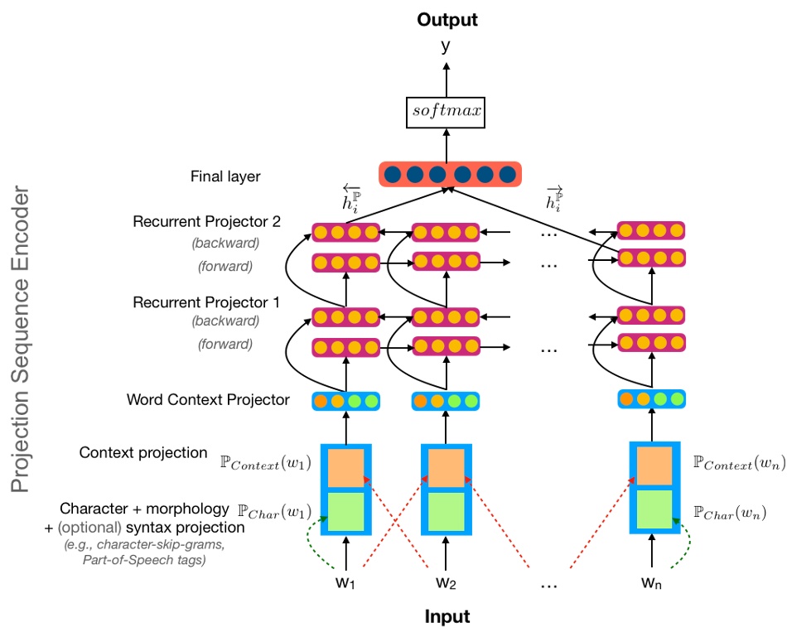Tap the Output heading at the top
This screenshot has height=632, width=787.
point(447,19)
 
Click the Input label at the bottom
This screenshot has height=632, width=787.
point(447,616)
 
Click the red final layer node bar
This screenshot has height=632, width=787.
point(450,175)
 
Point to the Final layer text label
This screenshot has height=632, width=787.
point(225,176)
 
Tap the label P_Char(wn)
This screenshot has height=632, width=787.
point(735,514)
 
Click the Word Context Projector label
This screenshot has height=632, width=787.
point(208,400)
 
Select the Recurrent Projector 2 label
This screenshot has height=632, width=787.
point(207,222)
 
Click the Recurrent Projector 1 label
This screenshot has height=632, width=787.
point(207,302)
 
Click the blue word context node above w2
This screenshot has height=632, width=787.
point(446,402)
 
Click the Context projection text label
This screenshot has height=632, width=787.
point(143,453)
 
